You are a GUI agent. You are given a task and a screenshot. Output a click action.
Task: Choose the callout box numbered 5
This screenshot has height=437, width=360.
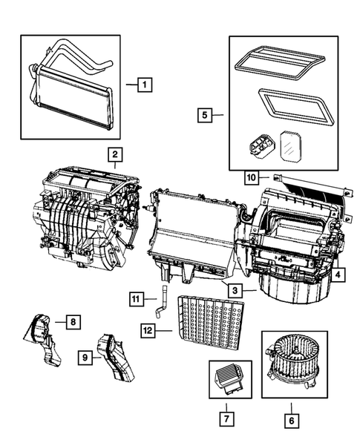[x=205, y=115]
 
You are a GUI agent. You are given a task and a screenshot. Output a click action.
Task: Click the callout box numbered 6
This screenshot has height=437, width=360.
[x=290, y=421]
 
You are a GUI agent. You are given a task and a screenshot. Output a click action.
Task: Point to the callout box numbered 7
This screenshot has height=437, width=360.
[x=223, y=421]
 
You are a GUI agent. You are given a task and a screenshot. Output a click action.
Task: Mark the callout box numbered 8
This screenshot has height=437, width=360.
[x=72, y=321]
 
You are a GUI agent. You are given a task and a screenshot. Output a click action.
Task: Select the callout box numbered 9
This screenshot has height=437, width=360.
[x=88, y=358]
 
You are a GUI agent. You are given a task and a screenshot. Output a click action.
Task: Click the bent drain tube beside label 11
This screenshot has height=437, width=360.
[x=160, y=306]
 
